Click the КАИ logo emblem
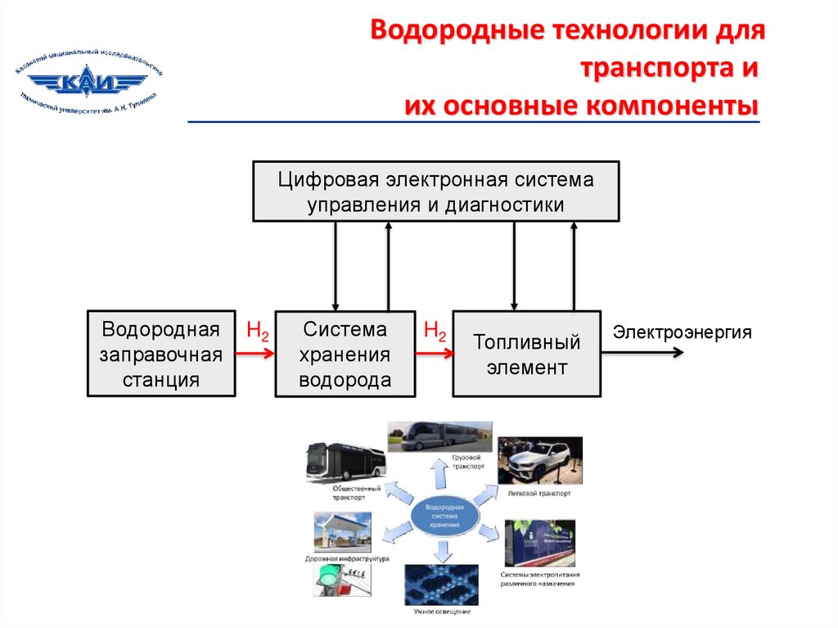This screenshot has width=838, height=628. (x=88, y=83)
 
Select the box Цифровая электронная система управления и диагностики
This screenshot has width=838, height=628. (x=435, y=192)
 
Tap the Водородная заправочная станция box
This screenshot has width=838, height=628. (x=160, y=355)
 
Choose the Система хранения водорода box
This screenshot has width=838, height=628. (x=345, y=355)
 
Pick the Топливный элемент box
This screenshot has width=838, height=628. (x=527, y=355)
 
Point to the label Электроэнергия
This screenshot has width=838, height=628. (x=682, y=332)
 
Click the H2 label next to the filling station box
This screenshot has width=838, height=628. (x=257, y=332)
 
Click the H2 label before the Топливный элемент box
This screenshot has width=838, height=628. (x=435, y=332)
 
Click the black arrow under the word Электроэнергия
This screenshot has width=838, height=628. (x=642, y=353)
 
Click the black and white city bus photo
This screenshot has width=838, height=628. (x=345, y=463)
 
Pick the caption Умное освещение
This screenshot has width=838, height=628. (x=442, y=611)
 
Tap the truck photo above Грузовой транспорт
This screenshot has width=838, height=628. (x=439, y=437)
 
